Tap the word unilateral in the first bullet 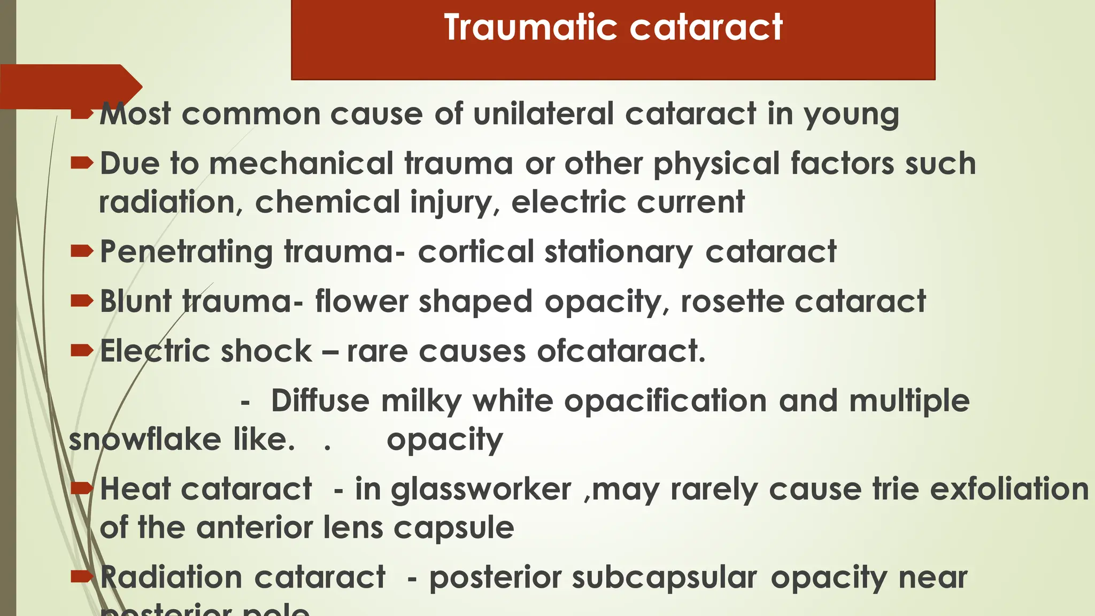[x=543, y=114]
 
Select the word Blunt [x=136, y=301]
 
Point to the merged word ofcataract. [x=621, y=351]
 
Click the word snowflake [x=145, y=440]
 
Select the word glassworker [x=481, y=490]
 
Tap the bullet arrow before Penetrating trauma [x=82, y=251]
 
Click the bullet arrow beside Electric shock [x=82, y=350]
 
